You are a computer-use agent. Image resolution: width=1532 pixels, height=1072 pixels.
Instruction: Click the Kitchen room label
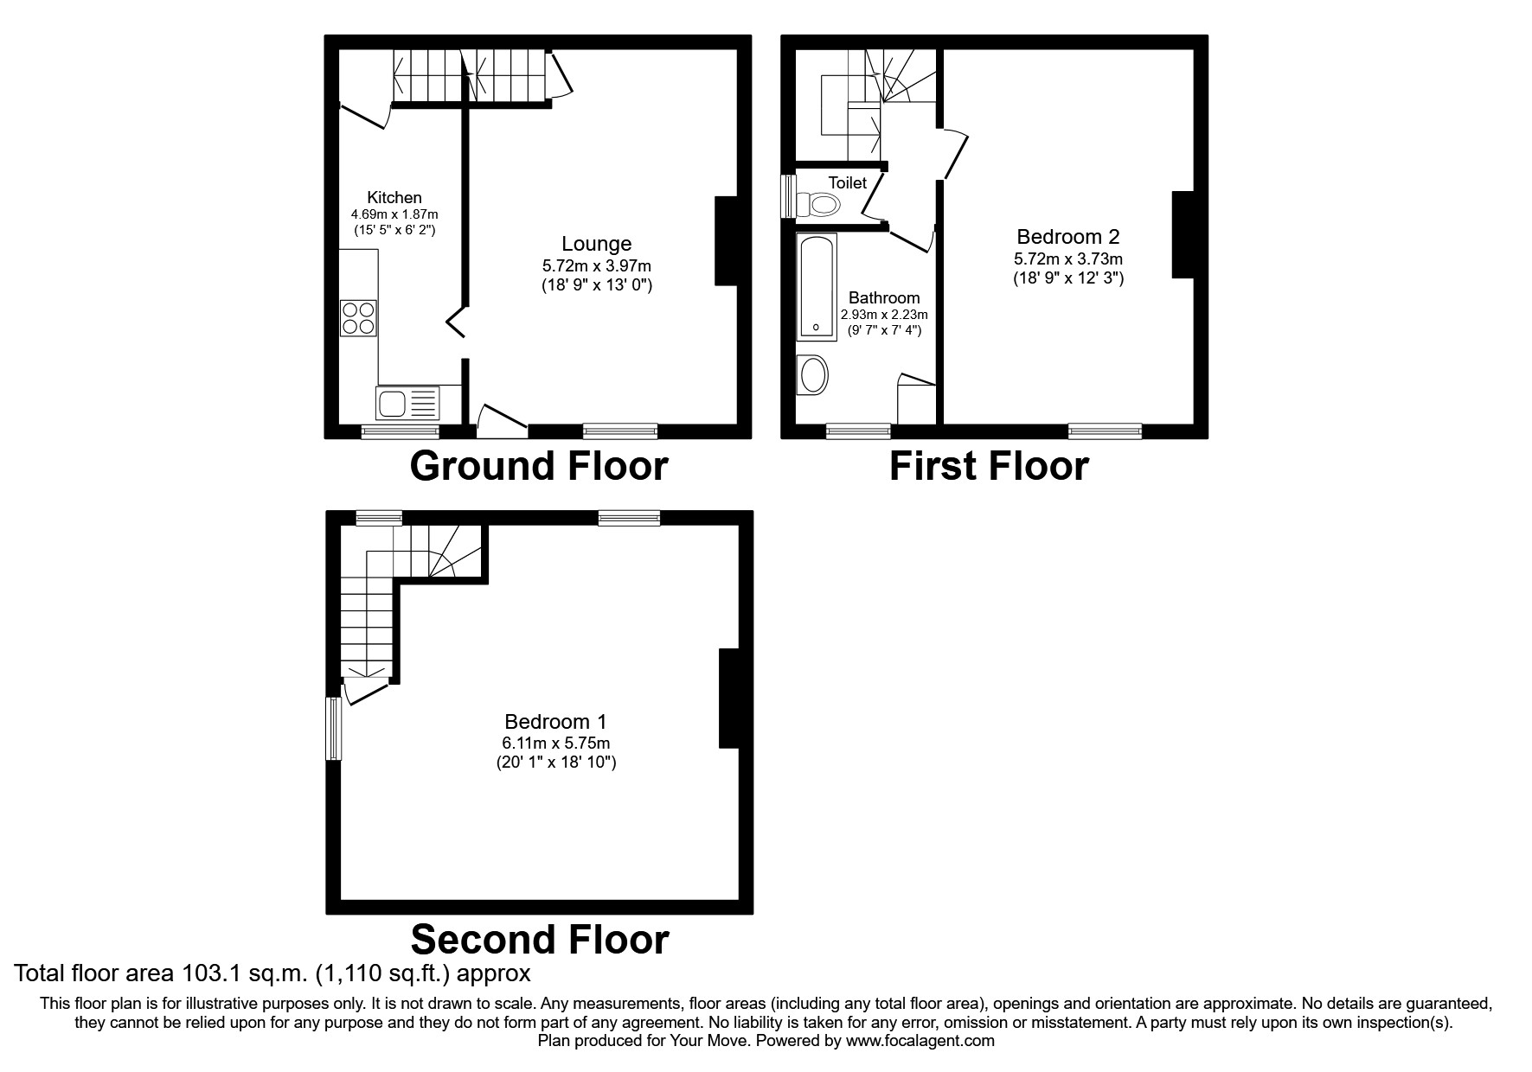pyautogui.click(x=394, y=198)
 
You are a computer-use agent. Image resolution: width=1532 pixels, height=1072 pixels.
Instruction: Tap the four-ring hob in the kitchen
pyautogui.click(x=359, y=317)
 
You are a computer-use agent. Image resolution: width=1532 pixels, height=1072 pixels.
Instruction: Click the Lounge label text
pyautogui.click(x=596, y=244)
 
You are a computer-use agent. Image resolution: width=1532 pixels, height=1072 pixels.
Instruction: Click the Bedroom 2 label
pyautogui.click(x=1067, y=237)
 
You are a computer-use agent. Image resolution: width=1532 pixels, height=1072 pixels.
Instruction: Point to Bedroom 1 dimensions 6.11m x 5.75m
pyautogui.click(x=555, y=743)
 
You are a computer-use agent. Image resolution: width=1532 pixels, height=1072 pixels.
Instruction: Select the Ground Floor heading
pyautogui.click(x=538, y=466)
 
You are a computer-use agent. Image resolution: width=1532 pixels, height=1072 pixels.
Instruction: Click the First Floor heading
pyautogui.click(x=989, y=466)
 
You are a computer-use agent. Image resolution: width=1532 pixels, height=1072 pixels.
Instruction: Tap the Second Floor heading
pyautogui.click(x=539, y=939)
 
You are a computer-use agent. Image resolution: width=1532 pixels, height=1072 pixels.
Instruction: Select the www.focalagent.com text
pyautogui.click(x=920, y=1041)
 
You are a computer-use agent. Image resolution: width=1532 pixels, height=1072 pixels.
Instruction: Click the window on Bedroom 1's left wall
pyautogui.click(x=333, y=728)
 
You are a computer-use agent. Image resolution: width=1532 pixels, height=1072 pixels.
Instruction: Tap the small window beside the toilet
pyautogui.click(x=788, y=196)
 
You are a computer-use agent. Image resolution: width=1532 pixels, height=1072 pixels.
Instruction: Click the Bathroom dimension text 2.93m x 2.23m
pyautogui.click(x=884, y=315)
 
